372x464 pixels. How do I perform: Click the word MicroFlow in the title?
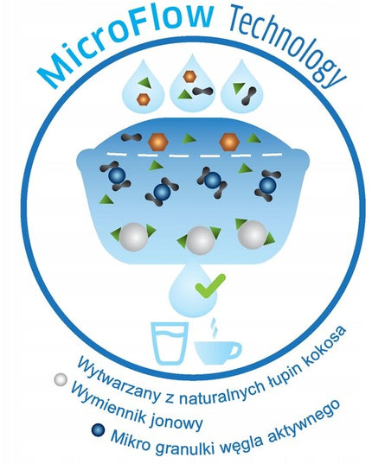(125, 44)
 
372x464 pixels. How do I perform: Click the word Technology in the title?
(285, 44)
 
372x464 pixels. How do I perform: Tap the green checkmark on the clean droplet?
(210, 286)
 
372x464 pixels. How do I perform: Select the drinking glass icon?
(170, 343)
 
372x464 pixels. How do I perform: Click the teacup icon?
(218, 353)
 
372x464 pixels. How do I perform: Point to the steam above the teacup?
(213, 327)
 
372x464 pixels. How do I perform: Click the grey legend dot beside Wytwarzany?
(61, 379)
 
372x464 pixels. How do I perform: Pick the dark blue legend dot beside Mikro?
(99, 430)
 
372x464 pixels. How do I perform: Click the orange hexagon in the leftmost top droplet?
(144, 99)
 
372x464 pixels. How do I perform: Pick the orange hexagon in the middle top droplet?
(189, 76)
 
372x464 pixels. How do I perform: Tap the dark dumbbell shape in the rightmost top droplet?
(249, 96)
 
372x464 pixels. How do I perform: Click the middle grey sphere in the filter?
(201, 240)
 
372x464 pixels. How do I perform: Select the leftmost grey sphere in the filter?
(133, 238)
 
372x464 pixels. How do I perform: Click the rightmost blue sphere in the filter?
(267, 185)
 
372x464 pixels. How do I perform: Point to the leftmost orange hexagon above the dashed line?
(157, 142)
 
